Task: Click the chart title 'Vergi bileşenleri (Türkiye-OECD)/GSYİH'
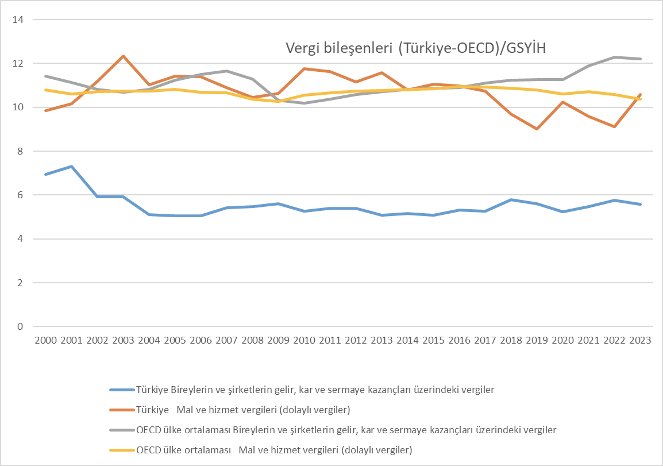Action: point(415,48)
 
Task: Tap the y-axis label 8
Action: point(20,151)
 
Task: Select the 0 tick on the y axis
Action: point(20,326)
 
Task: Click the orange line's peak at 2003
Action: point(123,56)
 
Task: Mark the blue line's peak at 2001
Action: point(71,166)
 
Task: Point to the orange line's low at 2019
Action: point(537,129)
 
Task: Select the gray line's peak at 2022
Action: point(614,57)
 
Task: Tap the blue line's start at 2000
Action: point(45,174)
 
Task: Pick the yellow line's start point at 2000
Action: point(45,90)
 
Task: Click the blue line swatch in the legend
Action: point(121,390)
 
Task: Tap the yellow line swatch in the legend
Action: point(121,449)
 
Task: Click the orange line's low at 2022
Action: point(614,126)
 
